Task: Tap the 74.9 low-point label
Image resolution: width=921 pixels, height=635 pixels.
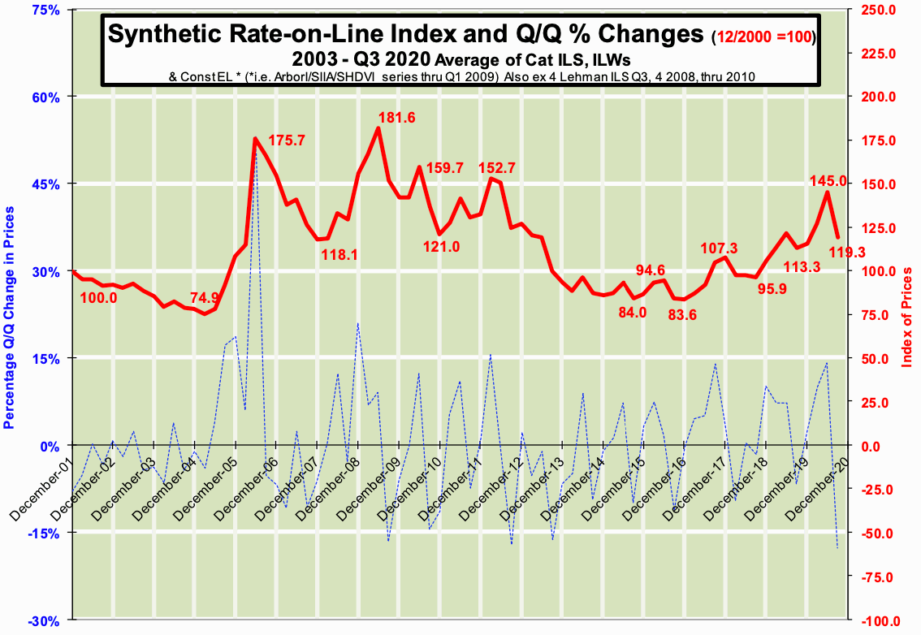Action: coord(205,297)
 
